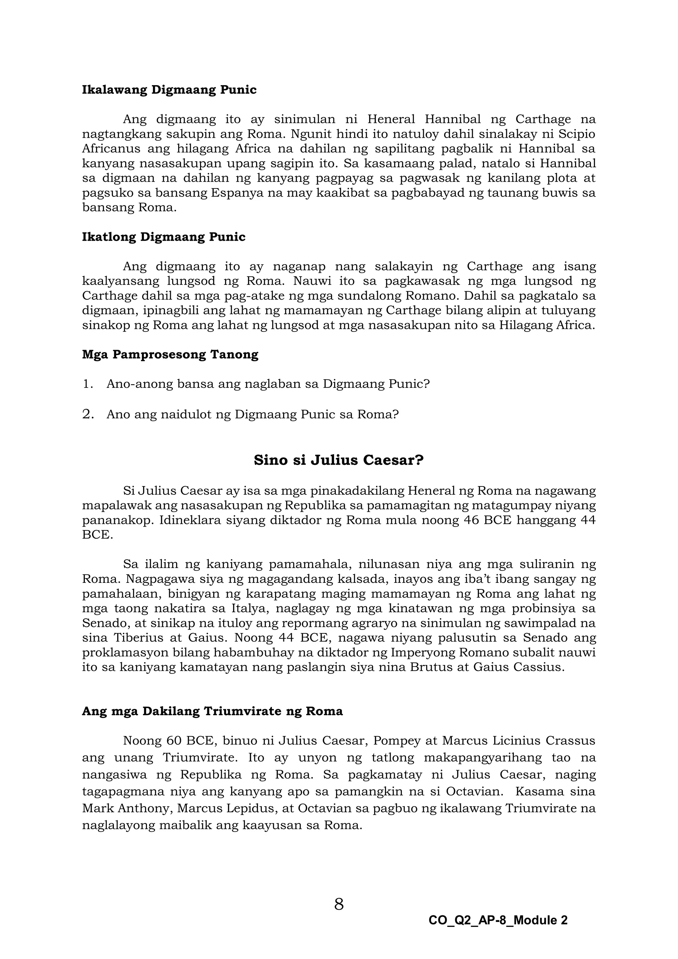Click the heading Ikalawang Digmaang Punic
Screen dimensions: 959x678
click(x=169, y=90)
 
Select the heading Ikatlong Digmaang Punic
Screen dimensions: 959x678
click(x=164, y=237)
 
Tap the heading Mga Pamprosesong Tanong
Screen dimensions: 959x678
click(x=170, y=355)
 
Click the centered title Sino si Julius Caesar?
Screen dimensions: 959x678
click(x=339, y=460)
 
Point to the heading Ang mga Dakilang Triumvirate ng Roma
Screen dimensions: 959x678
click(x=212, y=711)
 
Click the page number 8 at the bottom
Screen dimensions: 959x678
click(x=339, y=904)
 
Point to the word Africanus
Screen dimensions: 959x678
click(x=110, y=149)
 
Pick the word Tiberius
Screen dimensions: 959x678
click(x=139, y=638)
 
